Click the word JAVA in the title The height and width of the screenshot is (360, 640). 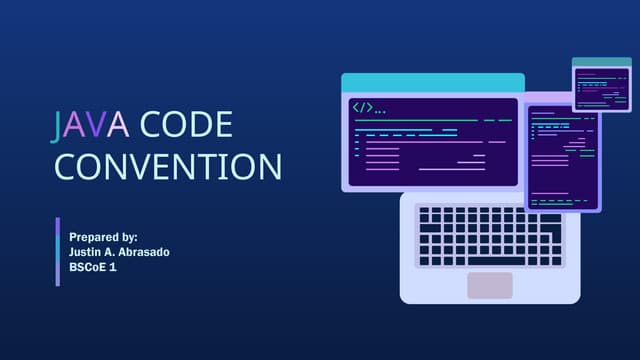(x=91, y=124)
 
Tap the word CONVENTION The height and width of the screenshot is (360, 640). (x=167, y=166)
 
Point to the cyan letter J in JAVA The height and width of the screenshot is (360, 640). (x=59, y=124)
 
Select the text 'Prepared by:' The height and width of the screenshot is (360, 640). (x=103, y=236)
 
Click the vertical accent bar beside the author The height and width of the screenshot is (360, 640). (x=58, y=251)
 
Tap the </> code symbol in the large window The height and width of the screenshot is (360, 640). (x=361, y=107)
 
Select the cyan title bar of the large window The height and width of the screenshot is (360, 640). (x=432, y=83)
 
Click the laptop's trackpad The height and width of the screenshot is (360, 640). (x=489, y=285)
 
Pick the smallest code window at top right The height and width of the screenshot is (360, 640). (x=601, y=85)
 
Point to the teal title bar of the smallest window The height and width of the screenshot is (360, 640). (x=601, y=63)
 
